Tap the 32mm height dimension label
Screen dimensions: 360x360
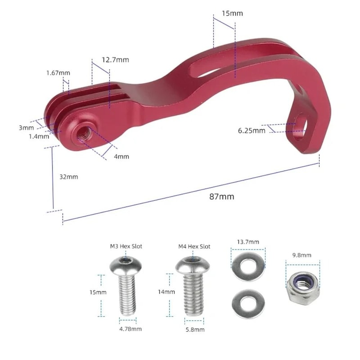69,177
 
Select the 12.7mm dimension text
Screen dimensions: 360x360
115,59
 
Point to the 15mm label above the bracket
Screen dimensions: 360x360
232,13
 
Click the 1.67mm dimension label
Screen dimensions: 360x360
58,73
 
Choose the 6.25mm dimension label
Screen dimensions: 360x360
252,130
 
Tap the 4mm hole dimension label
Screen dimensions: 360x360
121,157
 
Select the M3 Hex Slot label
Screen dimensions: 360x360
126,247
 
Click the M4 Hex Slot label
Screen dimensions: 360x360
194,247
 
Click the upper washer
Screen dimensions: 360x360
248,266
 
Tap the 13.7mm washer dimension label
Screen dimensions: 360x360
248,242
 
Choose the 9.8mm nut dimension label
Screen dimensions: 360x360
302,255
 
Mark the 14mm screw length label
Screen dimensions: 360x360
166,292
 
